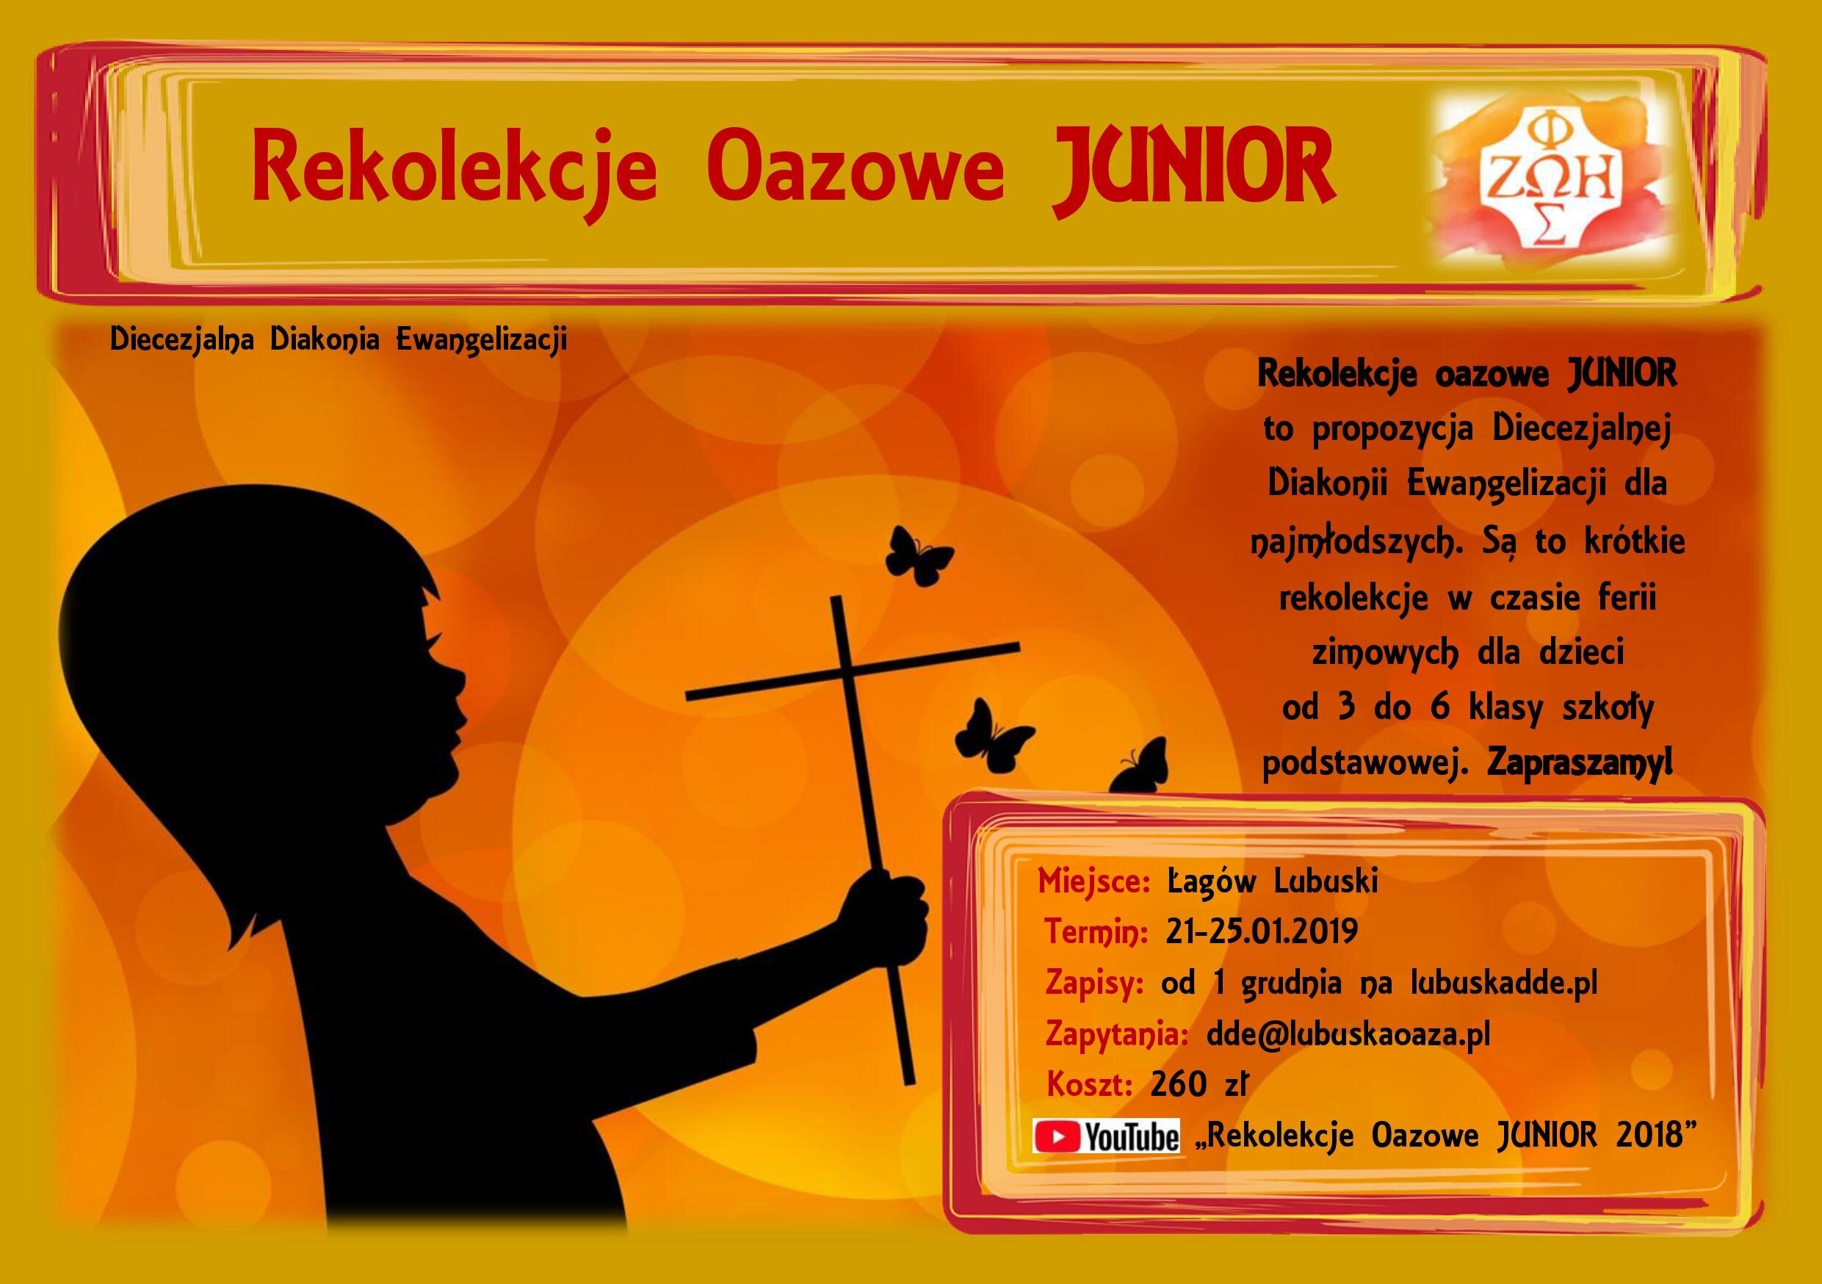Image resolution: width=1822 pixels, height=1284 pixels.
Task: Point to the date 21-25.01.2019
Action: point(1262,931)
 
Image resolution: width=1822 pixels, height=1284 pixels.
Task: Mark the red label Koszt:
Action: point(1090,1084)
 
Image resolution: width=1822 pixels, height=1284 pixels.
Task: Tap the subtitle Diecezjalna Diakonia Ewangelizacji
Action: point(339,339)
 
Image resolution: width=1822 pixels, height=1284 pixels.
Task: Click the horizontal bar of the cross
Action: point(853,671)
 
